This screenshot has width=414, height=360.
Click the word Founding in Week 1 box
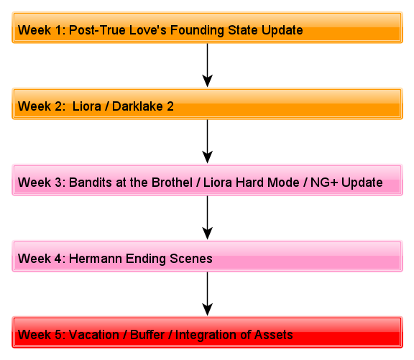click(197, 30)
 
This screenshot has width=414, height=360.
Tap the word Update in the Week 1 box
click(282, 30)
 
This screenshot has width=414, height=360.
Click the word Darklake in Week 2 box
click(137, 106)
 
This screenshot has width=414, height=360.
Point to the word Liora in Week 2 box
click(86, 106)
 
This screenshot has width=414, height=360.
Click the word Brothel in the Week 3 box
click(172, 183)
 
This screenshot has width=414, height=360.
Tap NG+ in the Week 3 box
click(324, 183)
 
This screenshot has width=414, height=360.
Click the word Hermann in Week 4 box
click(96, 259)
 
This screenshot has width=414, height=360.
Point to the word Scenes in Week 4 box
click(191, 259)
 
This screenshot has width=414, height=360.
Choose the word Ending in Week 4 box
click(146, 259)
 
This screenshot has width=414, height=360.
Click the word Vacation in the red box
click(93, 335)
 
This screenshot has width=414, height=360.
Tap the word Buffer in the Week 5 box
click(147, 335)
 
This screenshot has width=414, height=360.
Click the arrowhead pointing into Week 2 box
click(208, 80)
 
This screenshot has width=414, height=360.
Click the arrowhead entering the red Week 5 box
click(208, 309)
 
